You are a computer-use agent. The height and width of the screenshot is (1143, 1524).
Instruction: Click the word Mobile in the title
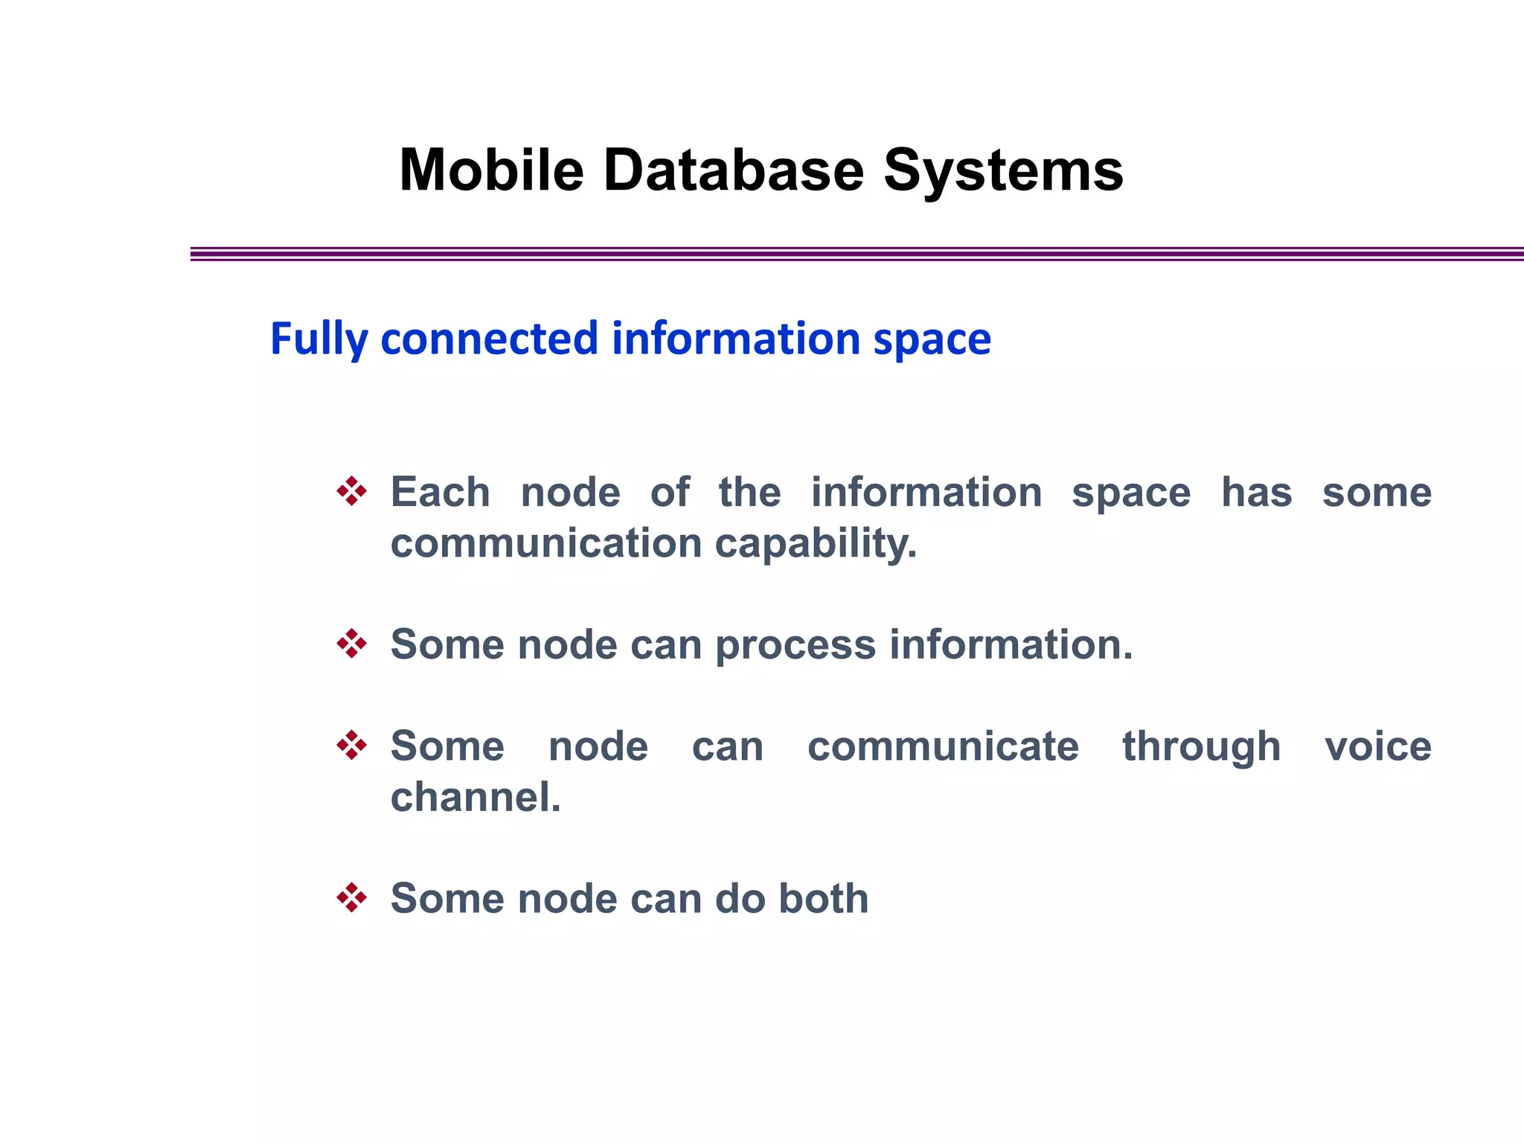[x=491, y=170]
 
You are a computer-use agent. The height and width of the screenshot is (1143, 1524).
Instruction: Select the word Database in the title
[x=733, y=170]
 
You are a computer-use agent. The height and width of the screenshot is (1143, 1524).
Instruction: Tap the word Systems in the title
[x=1002, y=170]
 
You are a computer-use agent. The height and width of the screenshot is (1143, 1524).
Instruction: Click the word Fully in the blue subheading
[x=318, y=339]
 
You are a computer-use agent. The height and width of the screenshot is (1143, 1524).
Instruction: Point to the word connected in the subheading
[x=489, y=339]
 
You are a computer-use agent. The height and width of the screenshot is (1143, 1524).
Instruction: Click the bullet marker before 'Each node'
[x=351, y=492]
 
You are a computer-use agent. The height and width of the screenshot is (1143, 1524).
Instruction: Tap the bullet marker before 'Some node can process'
[x=351, y=644]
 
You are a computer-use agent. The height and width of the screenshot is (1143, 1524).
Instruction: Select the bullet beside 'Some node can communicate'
[x=351, y=745]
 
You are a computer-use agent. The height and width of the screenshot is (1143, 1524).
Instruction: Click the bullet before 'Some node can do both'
[x=351, y=897]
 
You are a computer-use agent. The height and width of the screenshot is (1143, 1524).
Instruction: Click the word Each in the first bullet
[x=440, y=493]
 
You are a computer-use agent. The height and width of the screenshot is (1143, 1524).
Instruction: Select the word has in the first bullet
[x=1256, y=493]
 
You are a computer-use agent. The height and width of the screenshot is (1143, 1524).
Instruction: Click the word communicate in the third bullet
[x=943, y=746]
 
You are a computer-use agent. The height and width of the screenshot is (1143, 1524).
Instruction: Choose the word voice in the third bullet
[x=1377, y=746]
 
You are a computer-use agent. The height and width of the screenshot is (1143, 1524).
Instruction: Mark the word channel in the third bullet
[x=474, y=797]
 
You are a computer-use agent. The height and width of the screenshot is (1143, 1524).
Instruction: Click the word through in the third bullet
[x=1201, y=747]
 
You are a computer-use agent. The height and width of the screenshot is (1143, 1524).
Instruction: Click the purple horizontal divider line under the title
[x=856, y=254]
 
